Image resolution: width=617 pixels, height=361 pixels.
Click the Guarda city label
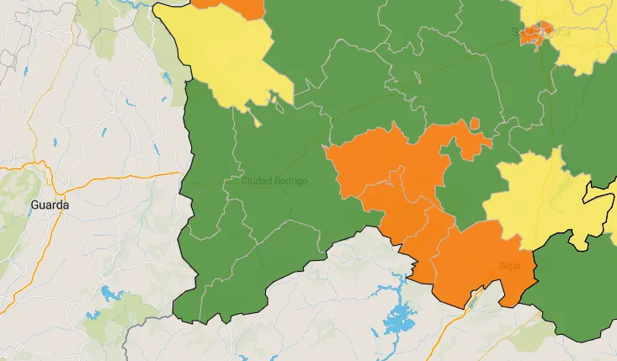coord(50,204)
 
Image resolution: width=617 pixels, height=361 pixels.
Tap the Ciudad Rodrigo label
coord(274,181)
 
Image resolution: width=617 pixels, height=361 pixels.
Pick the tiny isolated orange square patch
coord(476,124)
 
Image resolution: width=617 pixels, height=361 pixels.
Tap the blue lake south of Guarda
coord(109,294)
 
